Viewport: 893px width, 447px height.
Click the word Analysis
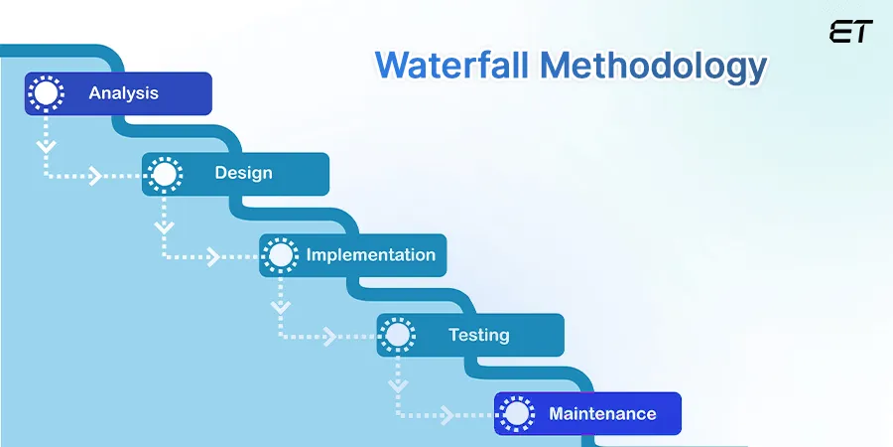point(123,94)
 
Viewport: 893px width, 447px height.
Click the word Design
point(243,173)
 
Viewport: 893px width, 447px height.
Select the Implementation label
point(370,255)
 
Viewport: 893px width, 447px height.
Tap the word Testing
point(478,335)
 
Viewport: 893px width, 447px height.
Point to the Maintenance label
point(602,413)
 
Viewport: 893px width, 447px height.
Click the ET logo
point(850,32)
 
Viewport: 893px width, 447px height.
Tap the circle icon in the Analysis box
point(46,94)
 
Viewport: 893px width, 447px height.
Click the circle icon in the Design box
point(164,174)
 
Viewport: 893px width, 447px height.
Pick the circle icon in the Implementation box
point(281,255)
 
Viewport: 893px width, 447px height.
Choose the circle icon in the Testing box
point(398,335)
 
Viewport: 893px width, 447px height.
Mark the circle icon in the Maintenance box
point(516,413)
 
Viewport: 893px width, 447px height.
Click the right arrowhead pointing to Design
point(96,177)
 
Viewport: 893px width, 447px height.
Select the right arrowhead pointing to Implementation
point(213,257)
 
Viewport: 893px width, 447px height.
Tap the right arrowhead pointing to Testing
point(330,336)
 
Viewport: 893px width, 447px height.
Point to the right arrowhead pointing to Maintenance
point(447,415)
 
